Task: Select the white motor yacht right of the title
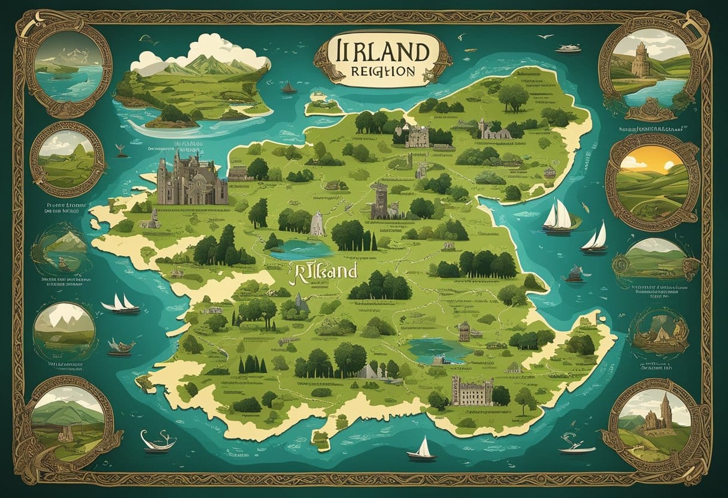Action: coord(568,48)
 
